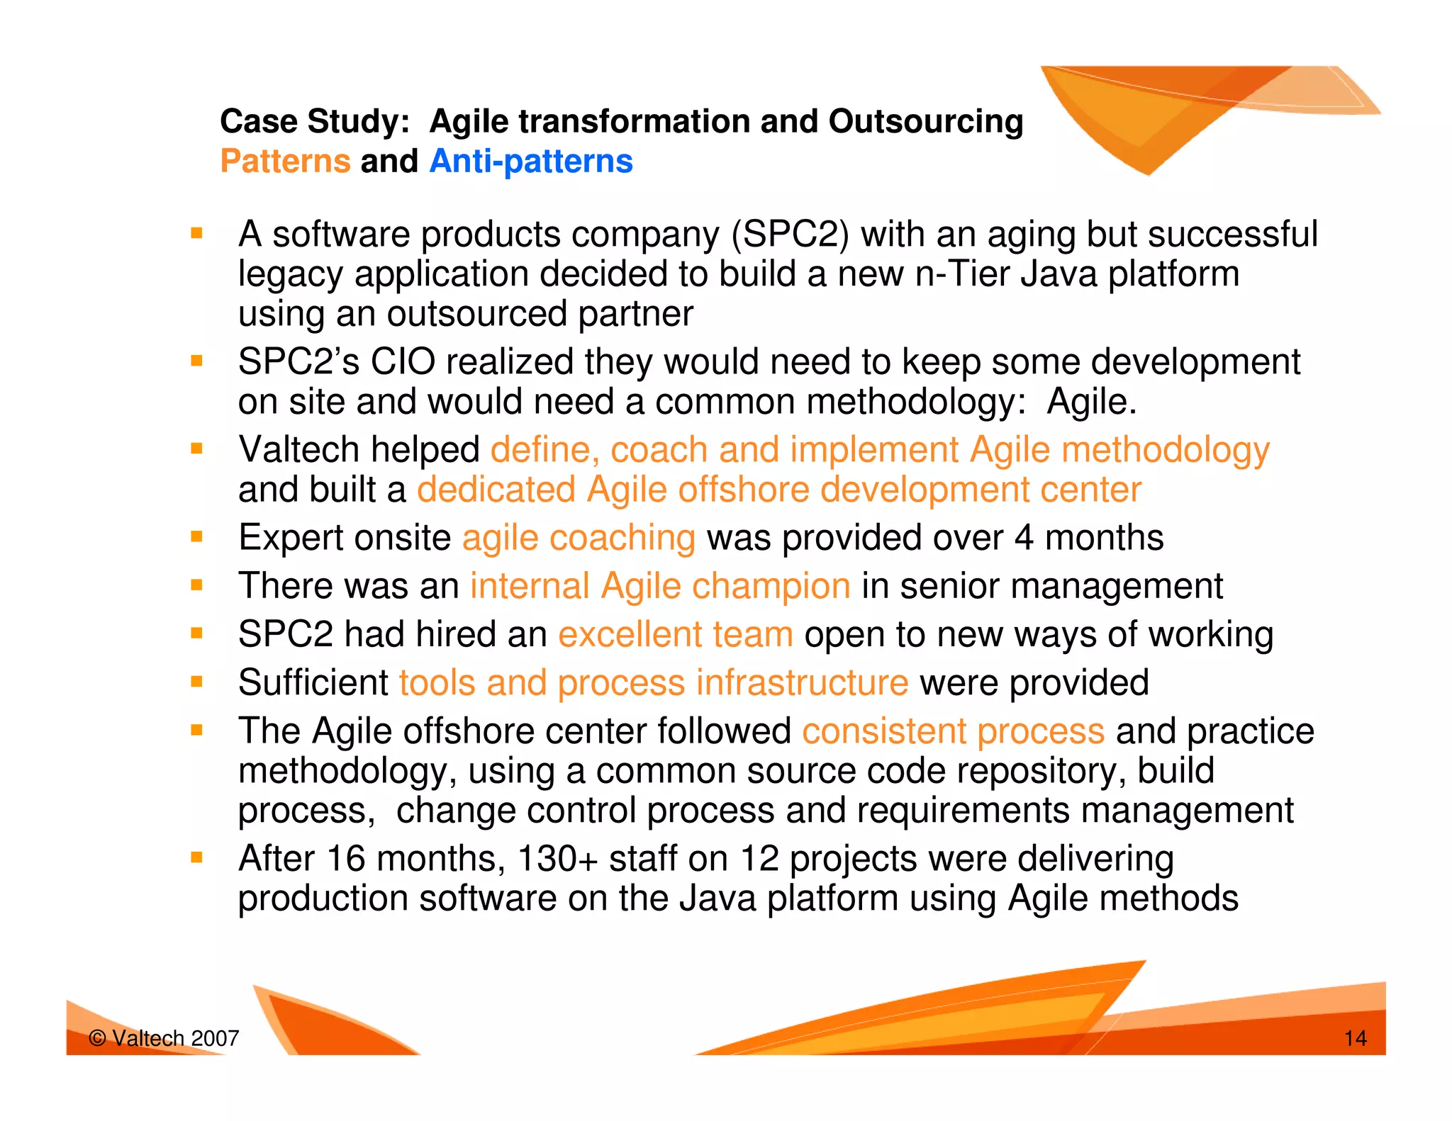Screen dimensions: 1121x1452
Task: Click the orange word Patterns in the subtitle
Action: (285, 161)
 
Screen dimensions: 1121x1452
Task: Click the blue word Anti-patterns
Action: (531, 161)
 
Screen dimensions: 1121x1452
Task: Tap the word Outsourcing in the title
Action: (926, 121)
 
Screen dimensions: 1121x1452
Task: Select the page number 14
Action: (1355, 1039)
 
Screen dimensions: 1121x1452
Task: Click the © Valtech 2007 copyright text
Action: (164, 1039)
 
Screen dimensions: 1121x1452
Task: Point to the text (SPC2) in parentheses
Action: (790, 235)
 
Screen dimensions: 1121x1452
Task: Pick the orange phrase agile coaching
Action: (579, 538)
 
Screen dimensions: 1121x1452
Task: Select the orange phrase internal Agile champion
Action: (660, 586)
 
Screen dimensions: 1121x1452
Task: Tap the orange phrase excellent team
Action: (675, 634)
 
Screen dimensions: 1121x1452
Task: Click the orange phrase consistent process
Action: (953, 731)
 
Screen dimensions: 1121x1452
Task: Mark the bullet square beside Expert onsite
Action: (197, 536)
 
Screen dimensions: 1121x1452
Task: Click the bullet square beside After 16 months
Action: (197, 858)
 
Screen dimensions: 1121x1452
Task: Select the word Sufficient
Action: (313, 683)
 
